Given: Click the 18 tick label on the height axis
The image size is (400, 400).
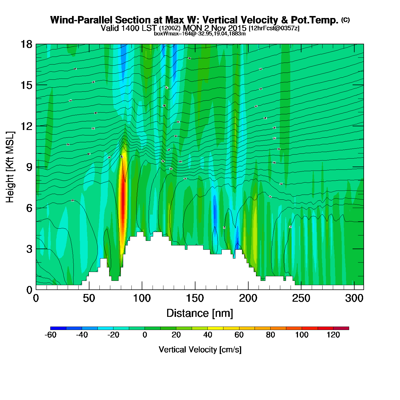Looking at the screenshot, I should (x=26, y=44).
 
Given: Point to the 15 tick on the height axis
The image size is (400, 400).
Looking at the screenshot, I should (x=26, y=85).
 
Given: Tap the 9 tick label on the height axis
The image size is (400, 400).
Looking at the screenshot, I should (x=29, y=167).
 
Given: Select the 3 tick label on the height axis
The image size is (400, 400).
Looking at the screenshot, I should (x=29, y=249).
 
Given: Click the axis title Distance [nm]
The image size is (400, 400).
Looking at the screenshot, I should (x=200, y=313).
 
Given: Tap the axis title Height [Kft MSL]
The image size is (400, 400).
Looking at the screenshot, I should (x=10, y=167).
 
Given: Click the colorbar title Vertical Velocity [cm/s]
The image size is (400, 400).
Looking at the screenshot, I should (x=200, y=349).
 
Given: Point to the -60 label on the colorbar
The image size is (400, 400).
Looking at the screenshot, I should (x=51, y=335).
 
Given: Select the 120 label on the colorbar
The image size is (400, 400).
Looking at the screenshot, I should (x=333, y=335).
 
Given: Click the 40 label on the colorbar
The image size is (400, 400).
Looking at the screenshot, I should (x=208, y=335).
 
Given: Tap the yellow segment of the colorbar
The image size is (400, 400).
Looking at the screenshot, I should (x=215, y=328).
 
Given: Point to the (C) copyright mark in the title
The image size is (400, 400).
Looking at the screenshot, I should (x=345, y=20).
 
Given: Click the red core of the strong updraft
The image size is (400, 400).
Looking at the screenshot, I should (x=123, y=200).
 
